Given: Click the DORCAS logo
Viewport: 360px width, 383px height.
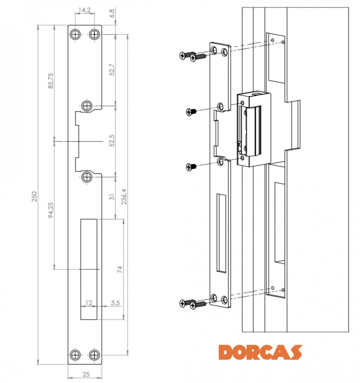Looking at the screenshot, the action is (x=260, y=352).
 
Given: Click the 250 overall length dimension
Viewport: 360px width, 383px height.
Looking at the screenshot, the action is (x=34, y=196).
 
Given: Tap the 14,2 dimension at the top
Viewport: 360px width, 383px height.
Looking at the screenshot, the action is (x=85, y=10).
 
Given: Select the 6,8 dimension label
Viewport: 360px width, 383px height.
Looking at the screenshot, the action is (x=112, y=13).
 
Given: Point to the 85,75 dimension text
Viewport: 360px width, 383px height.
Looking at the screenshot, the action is (x=51, y=80).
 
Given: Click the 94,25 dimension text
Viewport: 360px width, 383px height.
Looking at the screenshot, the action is (x=51, y=210).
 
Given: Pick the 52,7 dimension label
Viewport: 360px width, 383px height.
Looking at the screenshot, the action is (x=112, y=70).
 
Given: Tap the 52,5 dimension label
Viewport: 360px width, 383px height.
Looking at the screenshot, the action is (x=112, y=141).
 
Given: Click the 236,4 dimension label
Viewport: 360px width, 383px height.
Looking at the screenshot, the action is (x=124, y=196).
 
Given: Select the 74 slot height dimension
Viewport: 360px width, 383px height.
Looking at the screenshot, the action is (x=120, y=269).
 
